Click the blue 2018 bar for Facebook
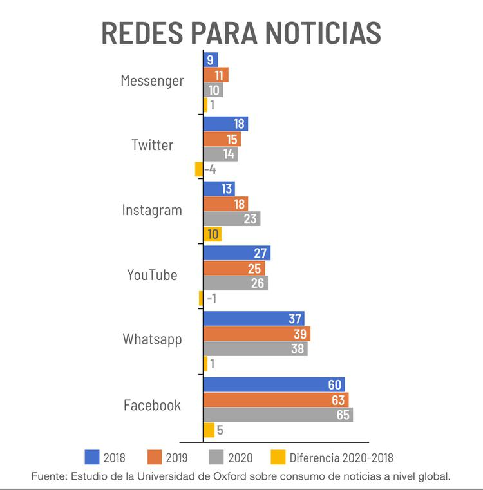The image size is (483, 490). tap(274, 384)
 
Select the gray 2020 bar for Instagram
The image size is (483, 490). tap(231, 219)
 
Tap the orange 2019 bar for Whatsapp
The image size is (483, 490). tap(256, 334)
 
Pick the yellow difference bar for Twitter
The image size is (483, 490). tap(199, 170)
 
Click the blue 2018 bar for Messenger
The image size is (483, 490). tap(210, 60)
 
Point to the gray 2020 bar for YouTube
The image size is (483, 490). tap(235, 283)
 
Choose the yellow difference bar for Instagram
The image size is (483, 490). tap(212, 234)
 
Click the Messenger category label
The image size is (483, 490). tap(152, 80)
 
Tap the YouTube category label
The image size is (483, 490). tap(152, 275)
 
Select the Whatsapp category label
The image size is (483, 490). tap(152, 339)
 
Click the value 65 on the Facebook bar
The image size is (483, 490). tap(343, 415)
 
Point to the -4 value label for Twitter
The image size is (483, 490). tap(210, 170)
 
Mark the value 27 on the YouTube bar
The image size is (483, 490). tap(260, 253)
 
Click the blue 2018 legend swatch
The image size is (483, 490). tap(93, 457)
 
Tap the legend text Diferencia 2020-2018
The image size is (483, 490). tap(341, 458)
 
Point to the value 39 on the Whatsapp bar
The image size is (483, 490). tap(301, 334)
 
